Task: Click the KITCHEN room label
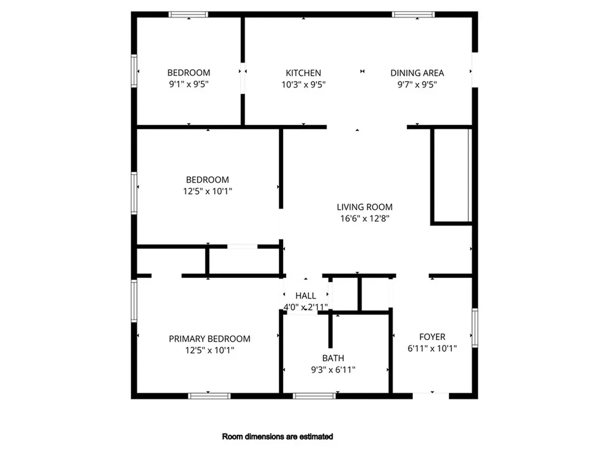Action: coord(303,73)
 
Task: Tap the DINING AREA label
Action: coord(417,73)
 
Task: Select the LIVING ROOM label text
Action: coord(365,206)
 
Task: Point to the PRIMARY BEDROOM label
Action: coord(209,339)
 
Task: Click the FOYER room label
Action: coord(432,337)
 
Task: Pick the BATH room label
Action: coord(333,358)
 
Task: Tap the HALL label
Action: coord(306,296)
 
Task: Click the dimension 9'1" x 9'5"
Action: coord(189,84)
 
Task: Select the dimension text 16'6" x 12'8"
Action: coord(365,218)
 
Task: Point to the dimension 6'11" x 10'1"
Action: coord(432,348)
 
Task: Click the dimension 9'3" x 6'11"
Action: coord(333,370)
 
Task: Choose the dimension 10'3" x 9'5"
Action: coord(303,84)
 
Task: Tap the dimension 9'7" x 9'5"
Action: coord(417,84)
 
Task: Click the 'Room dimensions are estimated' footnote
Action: coord(277,436)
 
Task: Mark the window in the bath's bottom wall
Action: coord(314,396)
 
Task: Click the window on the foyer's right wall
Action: coord(475,328)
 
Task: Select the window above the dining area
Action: coord(413,15)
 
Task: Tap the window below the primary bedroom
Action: coord(209,396)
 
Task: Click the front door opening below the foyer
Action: coord(431,396)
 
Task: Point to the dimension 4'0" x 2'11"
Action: coord(306,307)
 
